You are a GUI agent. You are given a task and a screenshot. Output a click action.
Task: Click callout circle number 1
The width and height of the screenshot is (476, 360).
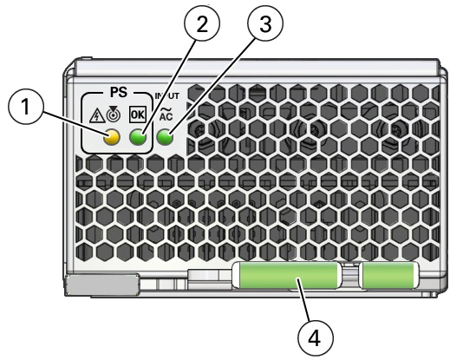point(26,108)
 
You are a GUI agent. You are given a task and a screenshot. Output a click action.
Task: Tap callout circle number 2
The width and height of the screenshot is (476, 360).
point(202,23)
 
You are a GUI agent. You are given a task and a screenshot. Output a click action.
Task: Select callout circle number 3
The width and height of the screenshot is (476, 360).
point(265,23)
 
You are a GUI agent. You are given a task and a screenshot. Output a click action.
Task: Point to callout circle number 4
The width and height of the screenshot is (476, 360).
point(315,338)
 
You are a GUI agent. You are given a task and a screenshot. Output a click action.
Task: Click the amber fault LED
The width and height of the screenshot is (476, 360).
point(112,138)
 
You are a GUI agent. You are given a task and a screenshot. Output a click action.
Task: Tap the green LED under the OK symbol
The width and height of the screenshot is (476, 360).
point(138,138)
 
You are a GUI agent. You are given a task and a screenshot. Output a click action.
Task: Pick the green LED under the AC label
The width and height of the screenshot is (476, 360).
point(165,138)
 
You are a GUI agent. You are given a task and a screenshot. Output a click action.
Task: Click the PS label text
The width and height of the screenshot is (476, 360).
point(119,92)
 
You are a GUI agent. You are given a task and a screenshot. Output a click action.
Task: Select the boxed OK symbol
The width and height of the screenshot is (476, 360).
point(138,115)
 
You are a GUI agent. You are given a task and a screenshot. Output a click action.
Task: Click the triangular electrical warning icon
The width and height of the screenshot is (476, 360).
point(97,117)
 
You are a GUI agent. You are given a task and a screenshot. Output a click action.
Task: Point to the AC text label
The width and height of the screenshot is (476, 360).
point(166,116)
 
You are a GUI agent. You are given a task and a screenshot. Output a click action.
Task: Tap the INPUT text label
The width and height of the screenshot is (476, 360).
point(167,96)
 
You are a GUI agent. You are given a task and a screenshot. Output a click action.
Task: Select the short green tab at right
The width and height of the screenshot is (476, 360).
point(389,275)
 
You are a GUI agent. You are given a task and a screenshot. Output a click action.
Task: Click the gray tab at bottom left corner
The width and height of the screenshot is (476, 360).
point(102,284)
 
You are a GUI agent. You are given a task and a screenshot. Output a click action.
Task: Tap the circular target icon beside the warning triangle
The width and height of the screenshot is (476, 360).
point(114,114)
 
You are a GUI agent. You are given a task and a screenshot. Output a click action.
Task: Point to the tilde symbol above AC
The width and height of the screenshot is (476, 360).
point(166,110)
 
